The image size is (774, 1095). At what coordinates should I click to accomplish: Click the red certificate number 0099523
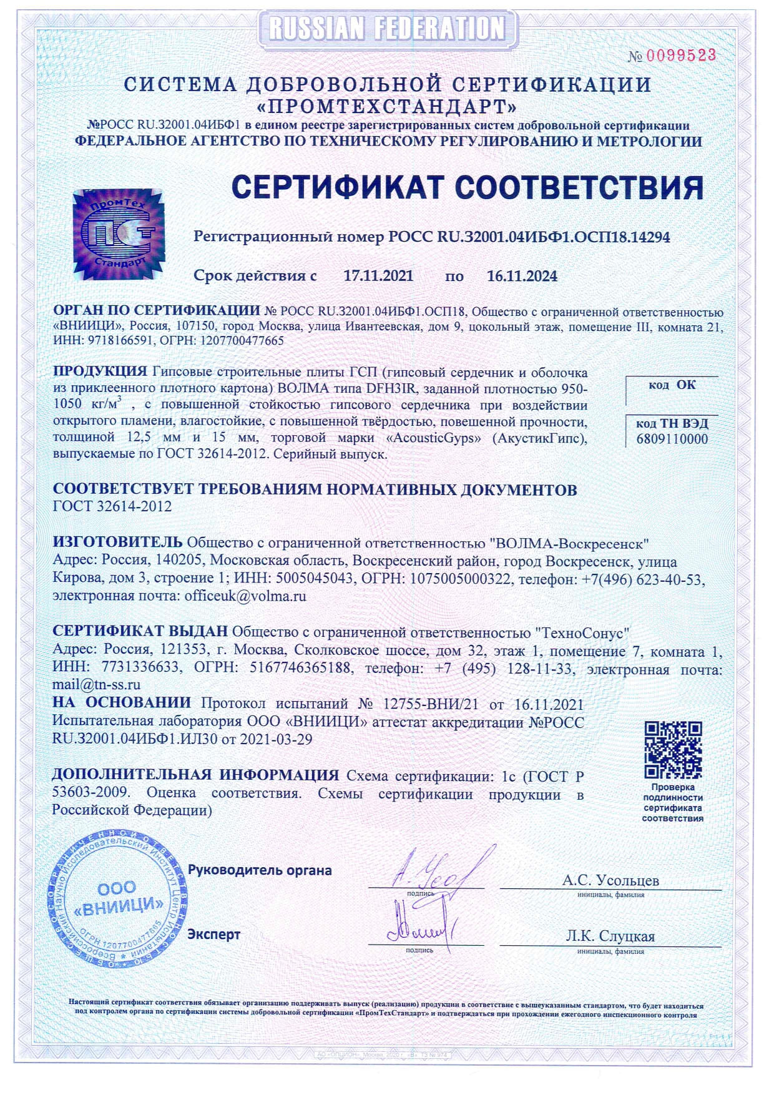pyautogui.click(x=680, y=56)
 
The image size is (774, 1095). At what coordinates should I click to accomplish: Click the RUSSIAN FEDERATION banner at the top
pyautogui.click(x=387, y=28)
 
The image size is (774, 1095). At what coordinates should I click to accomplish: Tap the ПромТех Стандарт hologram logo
pyautogui.click(x=119, y=234)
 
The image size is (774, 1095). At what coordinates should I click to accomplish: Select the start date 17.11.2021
pyautogui.click(x=378, y=276)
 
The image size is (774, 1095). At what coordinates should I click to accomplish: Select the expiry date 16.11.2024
pyautogui.click(x=522, y=276)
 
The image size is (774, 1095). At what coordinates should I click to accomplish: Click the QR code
pyautogui.click(x=673, y=749)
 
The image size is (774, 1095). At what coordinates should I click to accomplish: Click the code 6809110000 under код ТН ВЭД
pyautogui.click(x=672, y=439)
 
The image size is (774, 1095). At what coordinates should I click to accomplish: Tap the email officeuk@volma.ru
pyautogui.click(x=245, y=596)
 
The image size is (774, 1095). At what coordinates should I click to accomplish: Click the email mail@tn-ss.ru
pyautogui.click(x=96, y=685)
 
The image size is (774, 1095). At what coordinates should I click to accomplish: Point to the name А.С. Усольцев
pyautogui.click(x=610, y=880)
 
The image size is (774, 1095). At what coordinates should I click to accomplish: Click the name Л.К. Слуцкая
pyautogui.click(x=610, y=936)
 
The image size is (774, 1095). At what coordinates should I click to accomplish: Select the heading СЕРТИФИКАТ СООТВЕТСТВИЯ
pyautogui.click(x=468, y=187)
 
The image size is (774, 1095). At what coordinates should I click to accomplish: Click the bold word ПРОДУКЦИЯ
pyautogui.click(x=100, y=371)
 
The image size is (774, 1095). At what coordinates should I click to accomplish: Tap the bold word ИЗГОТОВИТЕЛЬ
pyautogui.click(x=117, y=542)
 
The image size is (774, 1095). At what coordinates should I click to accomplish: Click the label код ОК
pyautogui.click(x=672, y=385)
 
